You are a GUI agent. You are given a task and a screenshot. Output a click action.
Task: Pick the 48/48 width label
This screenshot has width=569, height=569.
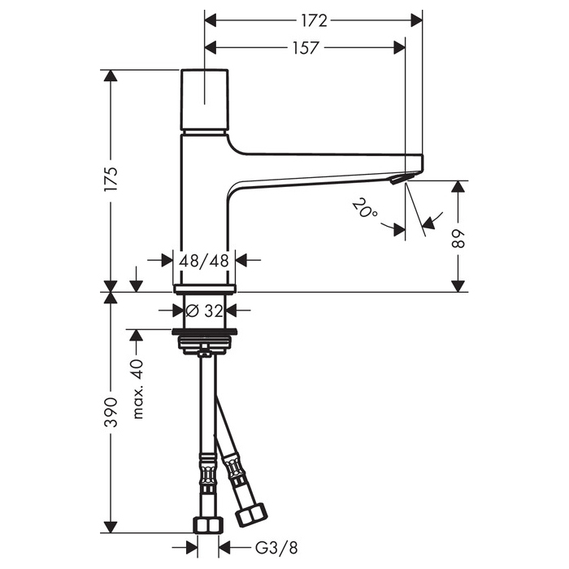[x=205, y=261]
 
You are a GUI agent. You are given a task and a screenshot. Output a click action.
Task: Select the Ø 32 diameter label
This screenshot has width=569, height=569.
[x=205, y=310]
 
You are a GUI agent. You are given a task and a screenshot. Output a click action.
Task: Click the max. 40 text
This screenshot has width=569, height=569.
[x=137, y=389]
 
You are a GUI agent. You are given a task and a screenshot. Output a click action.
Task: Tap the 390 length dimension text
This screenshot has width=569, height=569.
[x=111, y=412]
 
